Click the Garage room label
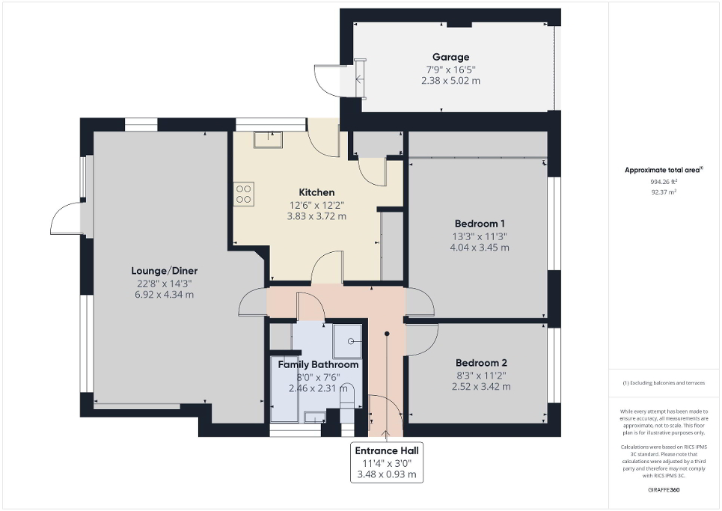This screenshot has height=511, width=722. [x=450, y=57]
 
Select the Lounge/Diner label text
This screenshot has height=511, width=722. [x=164, y=270]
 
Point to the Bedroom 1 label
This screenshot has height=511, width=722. [x=480, y=223]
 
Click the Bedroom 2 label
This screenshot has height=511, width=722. [x=480, y=362]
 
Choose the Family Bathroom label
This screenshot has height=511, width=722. [x=318, y=364]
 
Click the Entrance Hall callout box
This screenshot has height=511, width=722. [x=387, y=462]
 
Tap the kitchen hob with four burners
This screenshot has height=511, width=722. [x=244, y=195]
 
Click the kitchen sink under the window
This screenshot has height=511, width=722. [x=268, y=139]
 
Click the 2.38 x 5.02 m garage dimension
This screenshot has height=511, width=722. [x=450, y=80]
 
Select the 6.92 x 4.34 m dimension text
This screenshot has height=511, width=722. [x=164, y=294]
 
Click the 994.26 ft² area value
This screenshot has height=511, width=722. [x=664, y=182]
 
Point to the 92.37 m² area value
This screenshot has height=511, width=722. [x=664, y=192]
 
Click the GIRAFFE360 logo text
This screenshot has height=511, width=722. [x=664, y=489]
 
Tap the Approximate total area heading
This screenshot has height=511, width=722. [x=664, y=171]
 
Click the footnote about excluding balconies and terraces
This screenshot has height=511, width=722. [x=664, y=383]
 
